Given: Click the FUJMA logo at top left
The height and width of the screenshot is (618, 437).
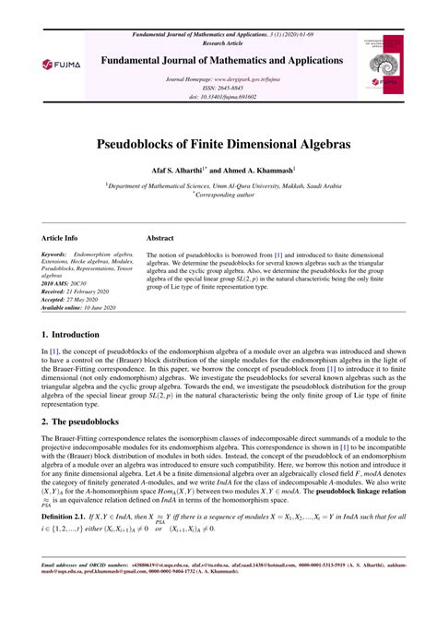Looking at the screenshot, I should coord(55,65).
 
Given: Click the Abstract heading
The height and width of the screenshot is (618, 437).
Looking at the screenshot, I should coord(161,237).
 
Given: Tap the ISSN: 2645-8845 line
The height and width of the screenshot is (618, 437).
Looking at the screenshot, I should coord(218,87).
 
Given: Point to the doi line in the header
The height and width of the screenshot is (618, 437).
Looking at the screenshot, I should coord(218,96).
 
